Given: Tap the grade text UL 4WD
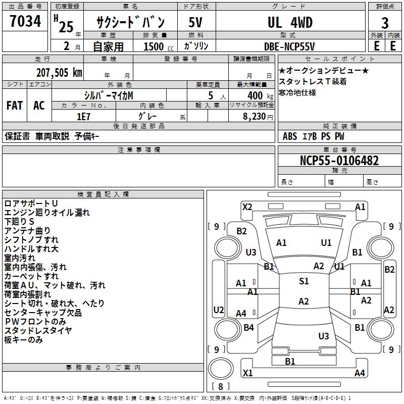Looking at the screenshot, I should click(x=290, y=23).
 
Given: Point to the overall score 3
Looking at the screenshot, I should click(x=385, y=23).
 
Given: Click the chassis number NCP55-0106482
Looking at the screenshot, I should click(x=339, y=161).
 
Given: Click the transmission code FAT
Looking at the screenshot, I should click(x=15, y=106).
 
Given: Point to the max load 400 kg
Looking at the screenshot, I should click(x=257, y=95).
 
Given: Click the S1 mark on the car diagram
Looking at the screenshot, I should click(x=304, y=281).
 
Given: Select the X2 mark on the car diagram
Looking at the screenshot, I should click(x=247, y=207).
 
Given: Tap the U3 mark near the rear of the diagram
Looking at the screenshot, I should click(x=324, y=336).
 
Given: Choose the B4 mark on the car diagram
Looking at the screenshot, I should click(x=248, y=328).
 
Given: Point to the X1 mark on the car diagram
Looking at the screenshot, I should click(x=247, y=373).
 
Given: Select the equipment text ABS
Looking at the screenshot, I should click(x=290, y=136).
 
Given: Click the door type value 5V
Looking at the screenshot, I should click(x=195, y=23).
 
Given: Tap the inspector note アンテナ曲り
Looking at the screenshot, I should click(x=28, y=231).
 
